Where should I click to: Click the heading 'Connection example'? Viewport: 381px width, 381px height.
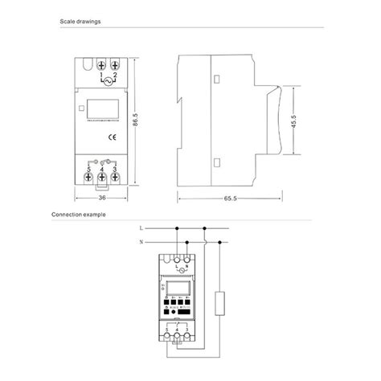[77, 215]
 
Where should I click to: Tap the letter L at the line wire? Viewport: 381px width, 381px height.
[141, 228]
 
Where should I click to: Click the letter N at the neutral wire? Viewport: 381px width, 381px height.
[141, 241]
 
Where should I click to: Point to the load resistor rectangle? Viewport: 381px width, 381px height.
[226, 305]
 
